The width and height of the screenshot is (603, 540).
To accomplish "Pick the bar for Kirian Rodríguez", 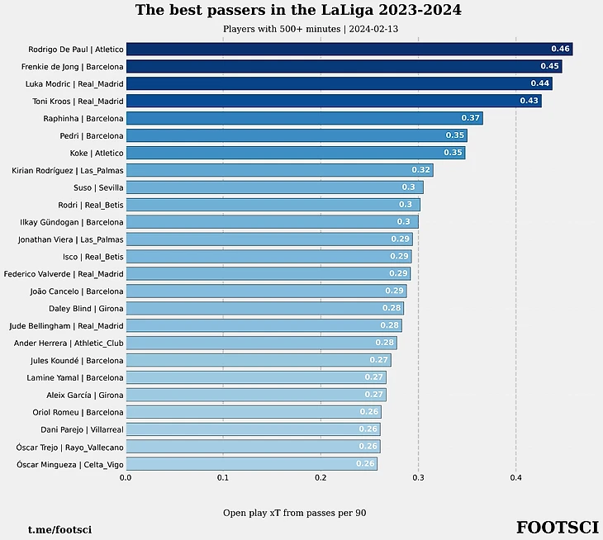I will pyautogui.click(x=279, y=170).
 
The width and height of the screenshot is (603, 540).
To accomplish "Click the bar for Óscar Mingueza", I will pyautogui.click(x=251, y=464).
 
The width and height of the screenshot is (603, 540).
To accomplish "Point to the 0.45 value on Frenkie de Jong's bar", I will pyautogui.click(x=549, y=66).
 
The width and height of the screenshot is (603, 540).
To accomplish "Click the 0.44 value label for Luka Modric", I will pyautogui.click(x=539, y=83).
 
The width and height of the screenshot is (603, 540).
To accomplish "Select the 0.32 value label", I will pyautogui.click(x=420, y=170).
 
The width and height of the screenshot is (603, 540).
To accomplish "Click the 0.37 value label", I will pyautogui.click(x=470, y=118).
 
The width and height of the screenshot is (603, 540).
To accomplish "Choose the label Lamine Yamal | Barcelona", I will pyautogui.click(x=76, y=377).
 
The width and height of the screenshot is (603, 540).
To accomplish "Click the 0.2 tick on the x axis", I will pyautogui.click(x=320, y=477).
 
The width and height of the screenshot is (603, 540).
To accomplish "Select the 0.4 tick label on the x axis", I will pyautogui.click(x=515, y=477).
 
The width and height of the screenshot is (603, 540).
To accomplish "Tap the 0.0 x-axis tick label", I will pyautogui.click(x=126, y=477).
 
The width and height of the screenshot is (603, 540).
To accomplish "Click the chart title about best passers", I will pyautogui.click(x=298, y=11).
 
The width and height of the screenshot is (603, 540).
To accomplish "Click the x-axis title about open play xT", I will pyautogui.click(x=294, y=513).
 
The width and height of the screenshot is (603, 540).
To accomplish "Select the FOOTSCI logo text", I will pyautogui.click(x=557, y=528).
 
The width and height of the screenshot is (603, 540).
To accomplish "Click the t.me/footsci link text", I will pyautogui.click(x=59, y=529).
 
